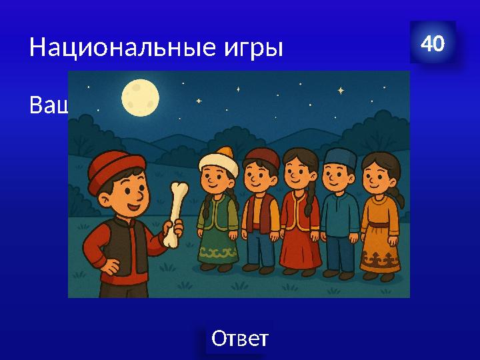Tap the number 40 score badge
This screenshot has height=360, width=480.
[433, 44]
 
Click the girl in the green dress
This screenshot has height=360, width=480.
[218, 220]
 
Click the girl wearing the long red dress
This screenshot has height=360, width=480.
[299, 220]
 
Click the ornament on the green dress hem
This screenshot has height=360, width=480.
[219, 253]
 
